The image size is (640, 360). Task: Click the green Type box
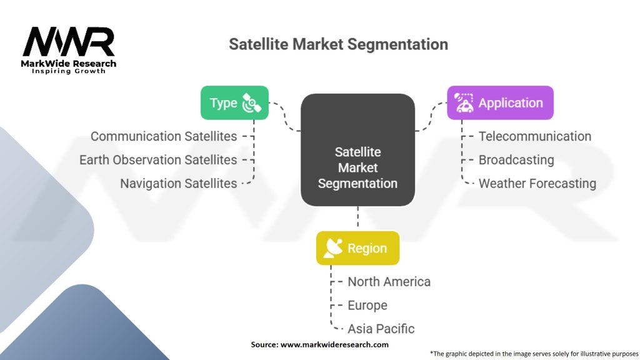234,103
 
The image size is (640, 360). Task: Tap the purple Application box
500,103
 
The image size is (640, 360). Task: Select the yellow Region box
357,248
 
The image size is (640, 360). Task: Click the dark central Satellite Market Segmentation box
357,150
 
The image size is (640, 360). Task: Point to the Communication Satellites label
164,136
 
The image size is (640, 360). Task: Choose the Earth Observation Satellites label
158,160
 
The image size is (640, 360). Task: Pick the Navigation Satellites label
178,184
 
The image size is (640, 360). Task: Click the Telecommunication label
535,136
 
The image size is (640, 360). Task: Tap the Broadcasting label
516,160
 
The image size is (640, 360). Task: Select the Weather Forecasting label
537,184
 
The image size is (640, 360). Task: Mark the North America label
389,282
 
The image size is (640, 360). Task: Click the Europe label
367,305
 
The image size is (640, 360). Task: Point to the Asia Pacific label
381,329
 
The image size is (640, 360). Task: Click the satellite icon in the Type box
251,103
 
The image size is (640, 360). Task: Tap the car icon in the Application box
464,103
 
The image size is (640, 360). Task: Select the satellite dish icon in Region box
333,248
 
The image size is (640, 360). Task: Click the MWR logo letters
69,42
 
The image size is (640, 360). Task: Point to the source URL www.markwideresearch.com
334,344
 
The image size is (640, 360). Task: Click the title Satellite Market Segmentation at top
338,44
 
